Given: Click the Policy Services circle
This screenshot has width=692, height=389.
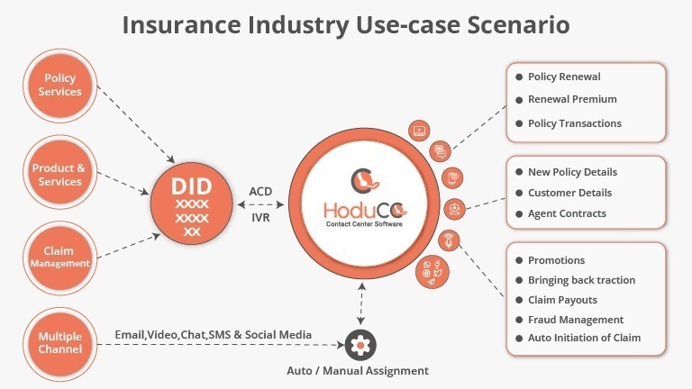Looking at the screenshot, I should pos(59,86).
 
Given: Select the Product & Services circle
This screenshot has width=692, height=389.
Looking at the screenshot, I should pos(59,174).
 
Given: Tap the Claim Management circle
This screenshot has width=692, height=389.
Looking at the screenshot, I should pos(59,257).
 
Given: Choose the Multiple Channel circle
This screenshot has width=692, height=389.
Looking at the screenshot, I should pos(59,342).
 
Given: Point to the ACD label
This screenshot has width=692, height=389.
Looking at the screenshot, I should pos(260,192).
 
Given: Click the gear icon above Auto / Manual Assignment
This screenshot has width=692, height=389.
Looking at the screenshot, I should pos(360,344).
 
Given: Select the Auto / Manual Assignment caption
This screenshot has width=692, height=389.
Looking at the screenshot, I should pos(357,370).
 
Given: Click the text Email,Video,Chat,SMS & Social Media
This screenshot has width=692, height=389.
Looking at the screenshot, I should pos(214,335).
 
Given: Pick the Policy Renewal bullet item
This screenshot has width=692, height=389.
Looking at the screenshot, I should pos(564,77).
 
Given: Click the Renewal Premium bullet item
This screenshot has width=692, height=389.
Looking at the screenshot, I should pos(572,100).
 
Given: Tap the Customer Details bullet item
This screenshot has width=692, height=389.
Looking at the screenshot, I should pos(569,193).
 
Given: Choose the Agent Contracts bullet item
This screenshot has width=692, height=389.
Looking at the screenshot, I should pos(567,213).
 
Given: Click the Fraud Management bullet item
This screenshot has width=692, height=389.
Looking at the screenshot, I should pos(575,320).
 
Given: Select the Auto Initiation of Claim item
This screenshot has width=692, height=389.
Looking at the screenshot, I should pos(584,339).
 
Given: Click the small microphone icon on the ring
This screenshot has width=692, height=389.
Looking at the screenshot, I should pos(448,241).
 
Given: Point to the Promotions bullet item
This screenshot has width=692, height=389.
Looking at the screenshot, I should pos(556,260).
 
